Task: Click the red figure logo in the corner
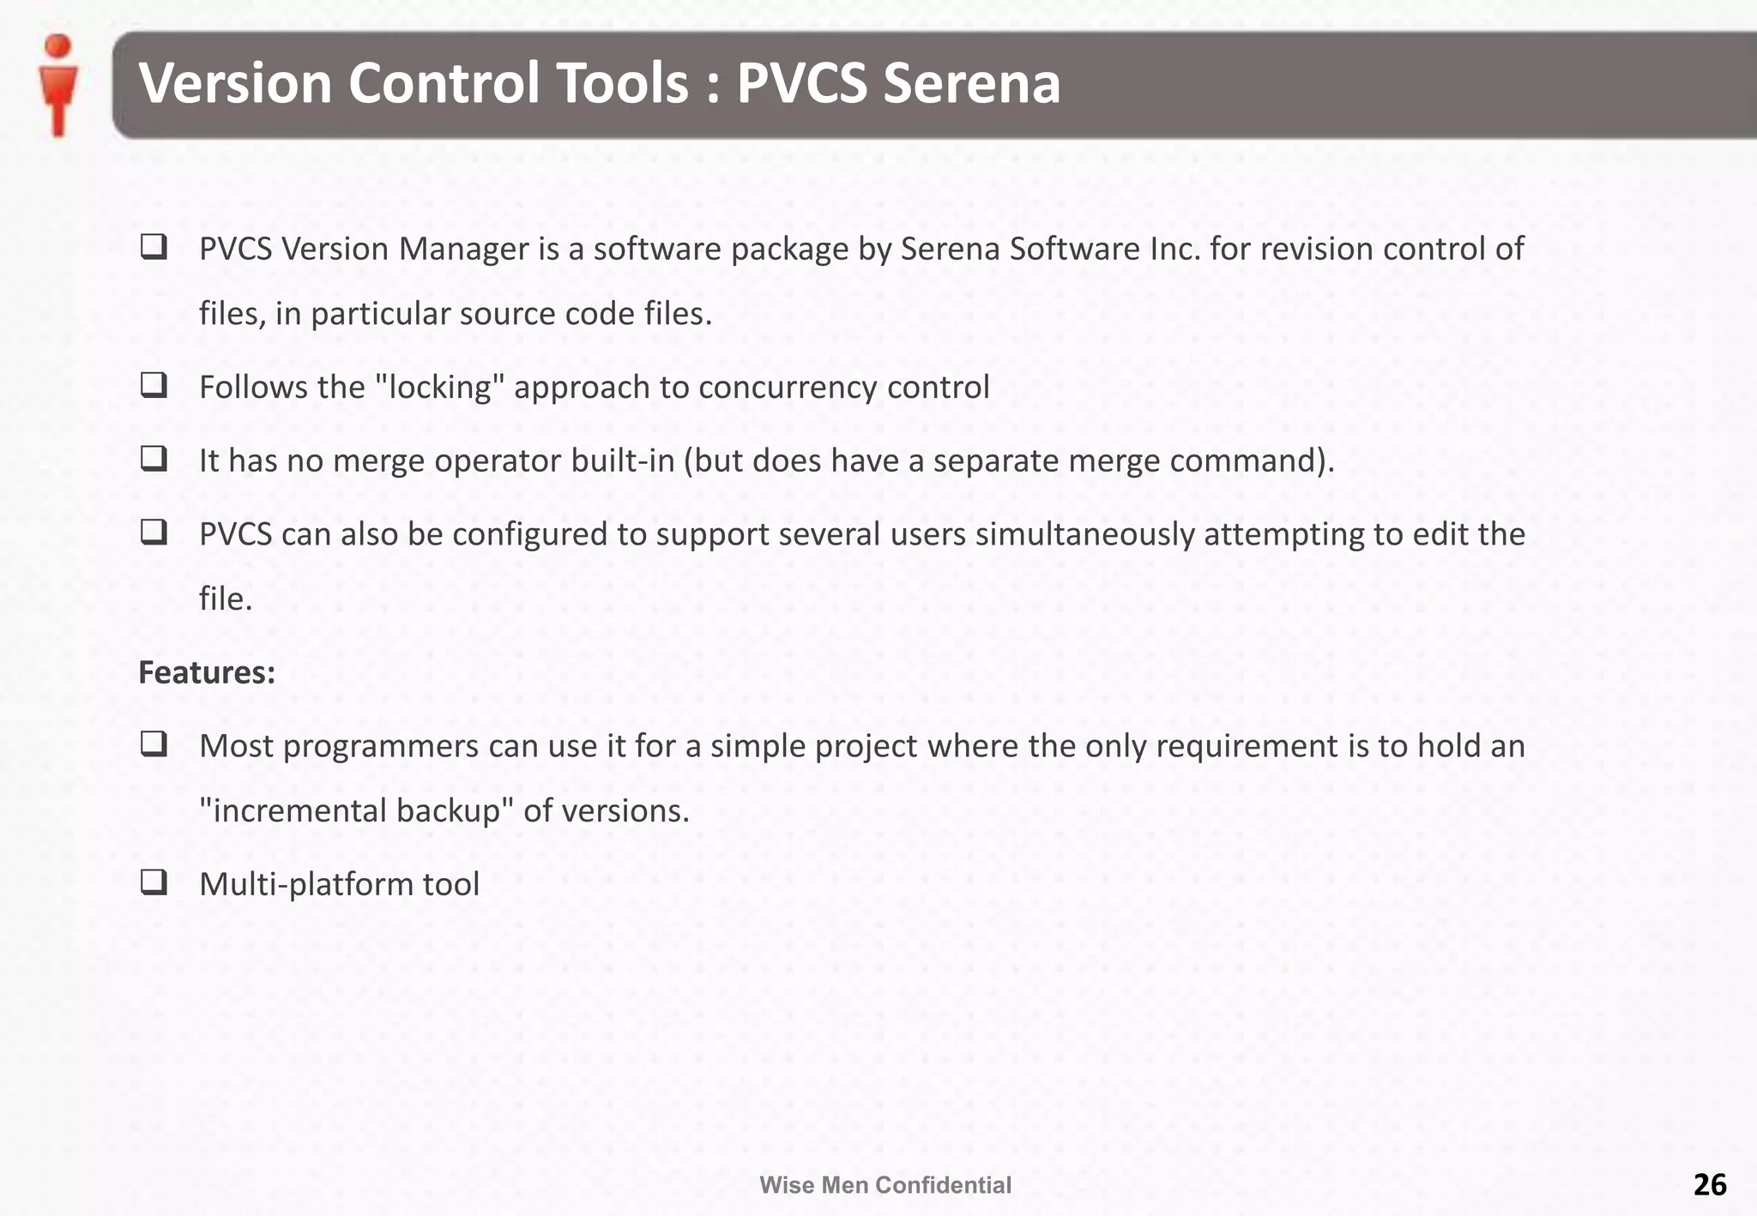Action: tap(58, 85)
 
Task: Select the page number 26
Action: tap(1709, 1184)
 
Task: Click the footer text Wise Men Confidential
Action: tap(885, 1185)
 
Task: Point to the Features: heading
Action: tap(207, 672)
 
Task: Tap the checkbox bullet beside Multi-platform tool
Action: tap(154, 882)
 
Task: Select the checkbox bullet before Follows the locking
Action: tap(154, 385)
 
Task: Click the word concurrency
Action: tap(788, 388)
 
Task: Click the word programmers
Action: tap(381, 747)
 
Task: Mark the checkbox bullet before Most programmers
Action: tap(154, 744)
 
